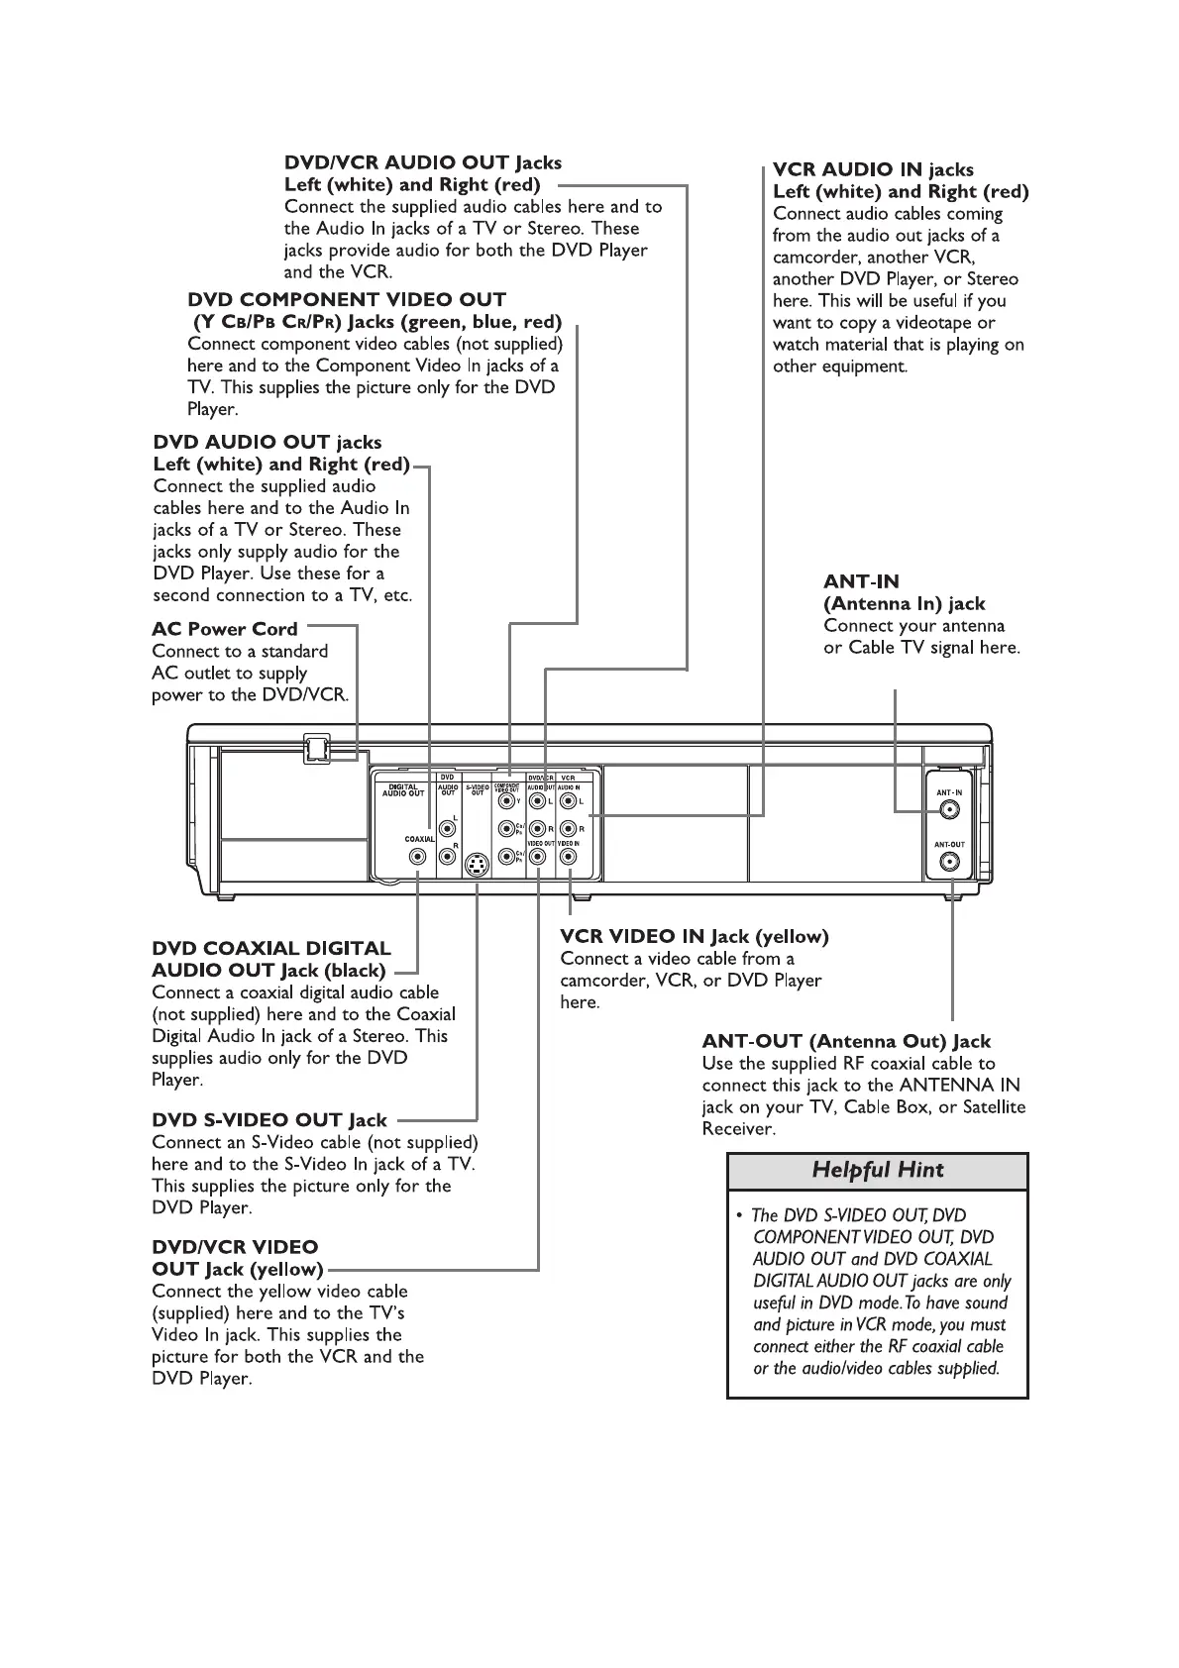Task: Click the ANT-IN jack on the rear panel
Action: pyautogui.click(x=949, y=810)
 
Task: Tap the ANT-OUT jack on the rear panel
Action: pyautogui.click(x=949, y=862)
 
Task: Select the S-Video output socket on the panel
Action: pyautogui.click(x=477, y=865)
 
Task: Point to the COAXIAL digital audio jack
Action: pyautogui.click(x=418, y=857)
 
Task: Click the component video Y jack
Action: pyautogui.click(x=507, y=801)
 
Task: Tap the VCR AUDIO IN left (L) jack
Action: pyautogui.click(x=568, y=801)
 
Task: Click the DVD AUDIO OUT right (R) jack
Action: pyautogui.click(x=448, y=857)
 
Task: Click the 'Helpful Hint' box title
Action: pyautogui.click(x=878, y=1170)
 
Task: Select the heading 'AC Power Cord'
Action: pyautogui.click(x=225, y=629)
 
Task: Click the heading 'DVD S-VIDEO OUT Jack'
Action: pyautogui.click(x=269, y=1120)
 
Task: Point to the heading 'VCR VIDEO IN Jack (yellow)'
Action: pyautogui.click(x=695, y=936)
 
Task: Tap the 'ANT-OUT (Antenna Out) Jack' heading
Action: pyautogui.click(x=846, y=1041)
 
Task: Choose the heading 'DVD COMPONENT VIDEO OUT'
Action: pyautogui.click(x=347, y=299)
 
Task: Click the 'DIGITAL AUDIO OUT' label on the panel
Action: pyautogui.click(x=403, y=790)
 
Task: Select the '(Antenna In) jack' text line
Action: pyautogui.click(x=905, y=603)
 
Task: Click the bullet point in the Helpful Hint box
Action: pyautogui.click(x=740, y=1215)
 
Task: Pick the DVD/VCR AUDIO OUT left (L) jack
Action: pyautogui.click(x=537, y=801)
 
